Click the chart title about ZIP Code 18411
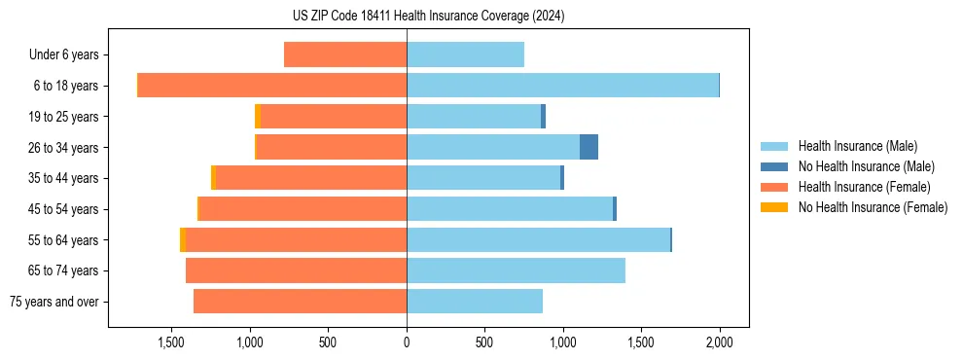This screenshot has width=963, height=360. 428,17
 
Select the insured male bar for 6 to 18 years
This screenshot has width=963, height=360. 562,86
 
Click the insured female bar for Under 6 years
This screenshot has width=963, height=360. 345,54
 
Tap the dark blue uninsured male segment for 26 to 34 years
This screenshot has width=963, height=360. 588,147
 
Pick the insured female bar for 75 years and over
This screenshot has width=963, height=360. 300,302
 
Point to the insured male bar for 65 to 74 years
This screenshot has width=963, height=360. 516,270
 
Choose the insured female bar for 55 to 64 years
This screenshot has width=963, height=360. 296,239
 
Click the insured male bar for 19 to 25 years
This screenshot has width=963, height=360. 474,117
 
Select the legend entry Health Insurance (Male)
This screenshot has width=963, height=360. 857,146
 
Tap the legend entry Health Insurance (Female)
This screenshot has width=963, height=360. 864,187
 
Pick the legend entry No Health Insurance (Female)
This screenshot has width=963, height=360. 873,207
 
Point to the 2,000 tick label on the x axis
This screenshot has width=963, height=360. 719,342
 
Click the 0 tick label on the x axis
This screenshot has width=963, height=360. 407,342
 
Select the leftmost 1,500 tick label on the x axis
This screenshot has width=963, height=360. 171,342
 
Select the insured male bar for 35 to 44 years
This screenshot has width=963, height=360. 483,178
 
